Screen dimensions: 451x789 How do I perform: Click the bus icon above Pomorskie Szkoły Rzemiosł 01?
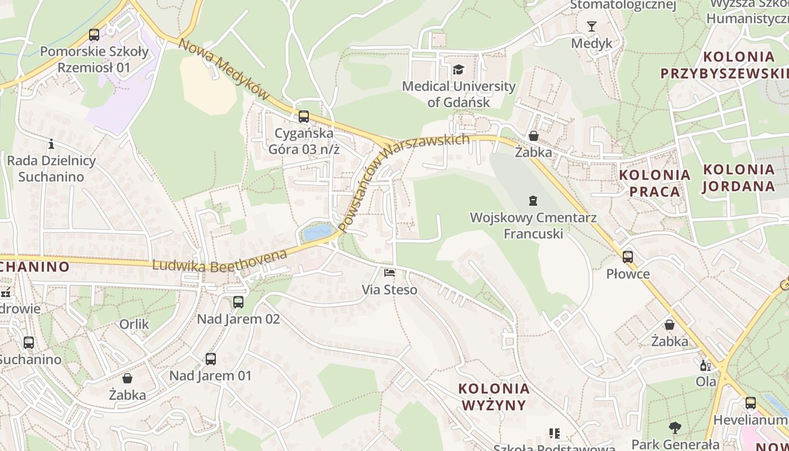pyautogui.click(x=94, y=35)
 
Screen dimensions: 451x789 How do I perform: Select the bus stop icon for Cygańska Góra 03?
pyautogui.click(x=304, y=117)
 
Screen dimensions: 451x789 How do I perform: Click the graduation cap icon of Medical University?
pyautogui.click(x=459, y=70)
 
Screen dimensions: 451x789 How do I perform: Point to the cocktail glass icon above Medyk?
pyautogui.click(x=591, y=26)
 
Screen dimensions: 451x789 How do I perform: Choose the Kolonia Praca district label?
pyautogui.click(x=654, y=183)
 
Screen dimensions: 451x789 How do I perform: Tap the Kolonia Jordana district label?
pyautogui.click(x=739, y=178)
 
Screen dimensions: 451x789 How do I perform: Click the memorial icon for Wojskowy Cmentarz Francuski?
pyautogui.click(x=533, y=200)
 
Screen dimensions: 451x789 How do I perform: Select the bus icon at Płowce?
pyautogui.click(x=628, y=257)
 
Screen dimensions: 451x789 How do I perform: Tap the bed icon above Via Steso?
pyautogui.click(x=389, y=273)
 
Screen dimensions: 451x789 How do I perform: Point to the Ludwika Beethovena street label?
pyautogui.click(x=220, y=262)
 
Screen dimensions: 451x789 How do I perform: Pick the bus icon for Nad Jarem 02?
pyautogui.click(x=238, y=302)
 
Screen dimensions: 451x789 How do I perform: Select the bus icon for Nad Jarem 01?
pyautogui.click(x=211, y=359)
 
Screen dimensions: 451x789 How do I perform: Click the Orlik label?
pyautogui.click(x=134, y=324)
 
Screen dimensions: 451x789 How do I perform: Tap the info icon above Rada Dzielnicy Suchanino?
pyautogui.click(x=51, y=144)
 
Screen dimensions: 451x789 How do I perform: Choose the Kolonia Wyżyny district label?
pyautogui.click(x=494, y=397)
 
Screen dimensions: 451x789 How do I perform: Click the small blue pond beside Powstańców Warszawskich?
pyautogui.click(x=317, y=232)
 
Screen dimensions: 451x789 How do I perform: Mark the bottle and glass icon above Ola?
pyautogui.click(x=706, y=365)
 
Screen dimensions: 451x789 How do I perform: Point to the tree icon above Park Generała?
pyautogui.click(x=675, y=428)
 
